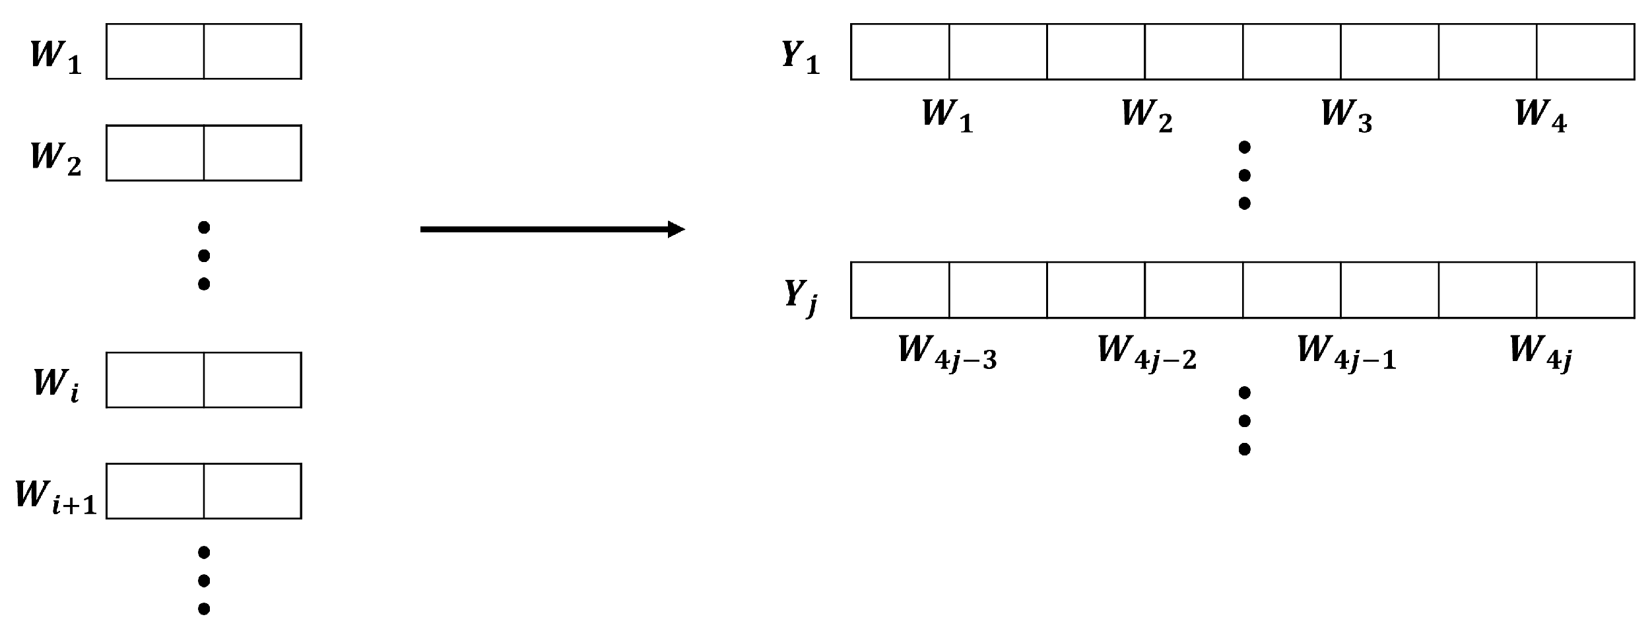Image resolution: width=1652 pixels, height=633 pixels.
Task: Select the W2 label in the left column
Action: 56,157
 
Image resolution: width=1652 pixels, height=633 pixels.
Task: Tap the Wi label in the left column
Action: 56,383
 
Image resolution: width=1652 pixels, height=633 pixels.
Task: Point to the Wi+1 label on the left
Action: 56,496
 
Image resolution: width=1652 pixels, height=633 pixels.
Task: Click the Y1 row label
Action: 801,56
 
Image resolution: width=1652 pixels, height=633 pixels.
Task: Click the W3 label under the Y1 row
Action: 1346,115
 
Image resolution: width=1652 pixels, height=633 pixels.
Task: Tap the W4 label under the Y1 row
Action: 1540,115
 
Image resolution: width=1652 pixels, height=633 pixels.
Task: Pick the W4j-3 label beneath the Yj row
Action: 947,351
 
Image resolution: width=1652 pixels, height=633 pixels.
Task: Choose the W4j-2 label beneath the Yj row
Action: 1146,351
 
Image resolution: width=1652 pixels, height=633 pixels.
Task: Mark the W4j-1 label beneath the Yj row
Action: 1346,351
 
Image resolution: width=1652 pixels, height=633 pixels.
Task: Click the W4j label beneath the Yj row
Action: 1540,352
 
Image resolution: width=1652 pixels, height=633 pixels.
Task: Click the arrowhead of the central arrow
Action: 676,230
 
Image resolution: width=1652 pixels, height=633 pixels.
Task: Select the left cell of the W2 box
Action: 155,153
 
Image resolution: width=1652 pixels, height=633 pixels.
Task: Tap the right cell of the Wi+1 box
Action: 253,491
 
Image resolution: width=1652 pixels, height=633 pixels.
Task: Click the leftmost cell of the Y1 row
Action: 900,52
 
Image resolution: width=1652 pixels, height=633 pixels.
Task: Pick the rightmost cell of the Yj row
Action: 1585,290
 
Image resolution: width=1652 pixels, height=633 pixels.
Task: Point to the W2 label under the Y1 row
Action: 1146,115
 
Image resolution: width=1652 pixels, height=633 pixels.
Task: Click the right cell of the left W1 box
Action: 253,51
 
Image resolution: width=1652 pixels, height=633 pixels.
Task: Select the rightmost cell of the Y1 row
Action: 1585,52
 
